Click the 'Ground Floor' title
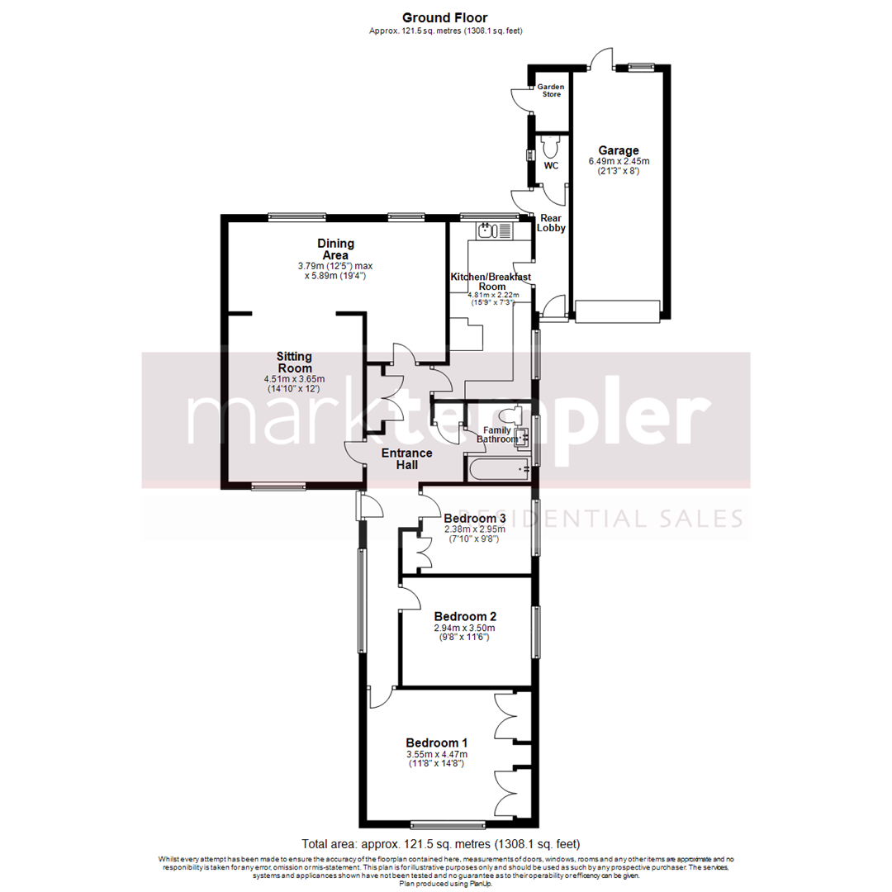click(x=444, y=17)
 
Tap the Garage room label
click(x=619, y=150)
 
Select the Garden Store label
click(x=550, y=90)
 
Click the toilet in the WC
click(x=551, y=148)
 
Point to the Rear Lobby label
click(x=551, y=222)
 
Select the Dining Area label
click(x=336, y=249)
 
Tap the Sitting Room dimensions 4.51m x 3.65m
click(x=294, y=378)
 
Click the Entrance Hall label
click(x=406, y=458)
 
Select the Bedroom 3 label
click(x=474, y=518)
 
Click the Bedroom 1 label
click(x=436, y=741)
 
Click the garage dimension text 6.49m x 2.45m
click(x=619, y=162)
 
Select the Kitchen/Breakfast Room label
click(x=490, y=282)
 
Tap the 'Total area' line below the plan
click(x=441, y=844)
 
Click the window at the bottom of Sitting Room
click(x=278, y=486)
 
